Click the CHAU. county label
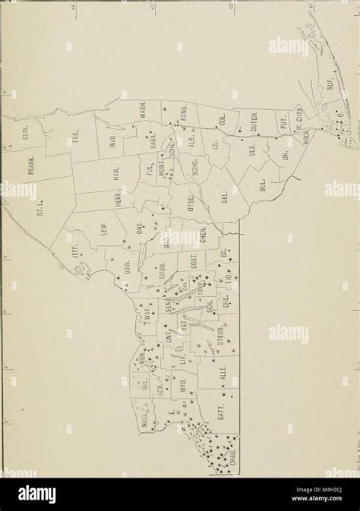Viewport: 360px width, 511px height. (225, 462)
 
